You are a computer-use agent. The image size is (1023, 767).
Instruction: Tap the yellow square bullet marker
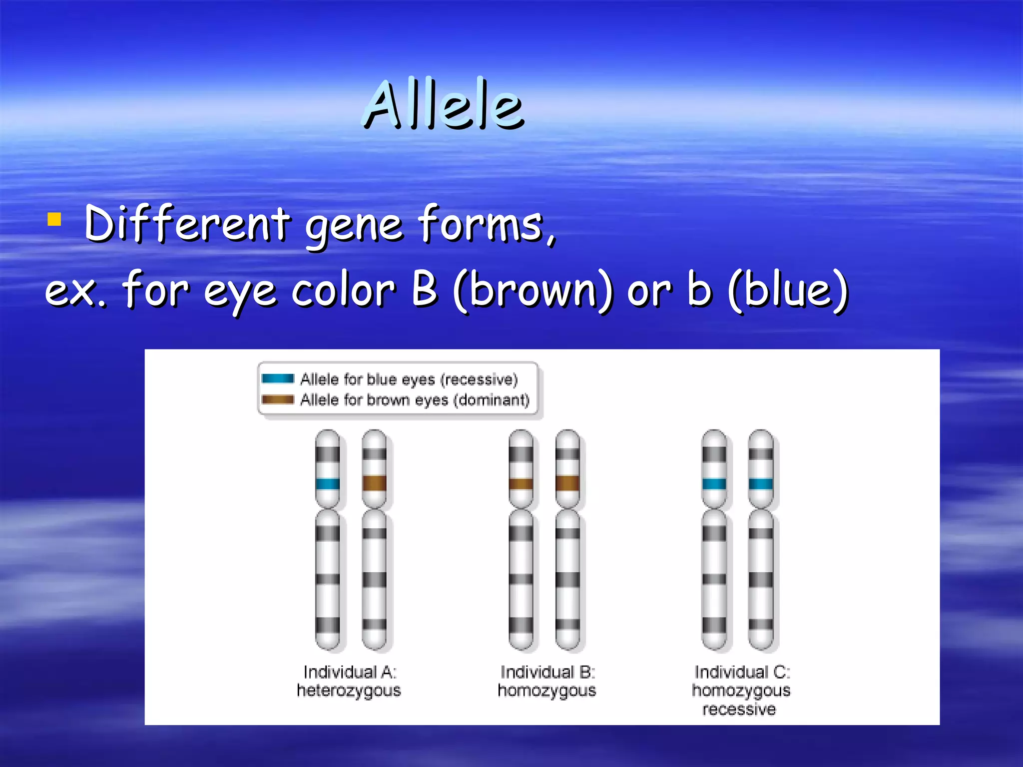tap(54, 220)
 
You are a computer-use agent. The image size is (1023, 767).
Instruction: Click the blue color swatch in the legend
tap(278, 379)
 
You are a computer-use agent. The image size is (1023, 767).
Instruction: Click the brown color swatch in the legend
tap(278, 399)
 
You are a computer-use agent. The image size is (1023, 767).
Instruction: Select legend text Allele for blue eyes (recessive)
tap(409, 380)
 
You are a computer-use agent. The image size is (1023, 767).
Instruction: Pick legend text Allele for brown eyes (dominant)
tap(415, 400)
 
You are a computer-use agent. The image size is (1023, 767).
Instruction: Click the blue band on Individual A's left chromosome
tap(328, 483)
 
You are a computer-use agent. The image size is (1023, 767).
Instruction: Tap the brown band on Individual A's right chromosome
tap(374, 483)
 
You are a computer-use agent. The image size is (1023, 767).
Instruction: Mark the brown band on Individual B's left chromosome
tap(520, 483)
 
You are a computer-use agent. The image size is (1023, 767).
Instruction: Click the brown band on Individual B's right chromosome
tap(567, 483)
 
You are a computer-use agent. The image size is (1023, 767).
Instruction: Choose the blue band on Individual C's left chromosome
tap(714, 483)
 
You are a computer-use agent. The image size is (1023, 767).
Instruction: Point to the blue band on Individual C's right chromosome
tap(761, 483)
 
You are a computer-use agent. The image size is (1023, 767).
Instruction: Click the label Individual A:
tap(350, 672)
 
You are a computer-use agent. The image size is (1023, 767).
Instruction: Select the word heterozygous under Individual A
tap(349, 691)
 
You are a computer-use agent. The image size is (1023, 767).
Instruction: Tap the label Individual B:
tap(547, 672)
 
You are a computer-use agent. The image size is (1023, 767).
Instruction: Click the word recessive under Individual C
tap(739, 709)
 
